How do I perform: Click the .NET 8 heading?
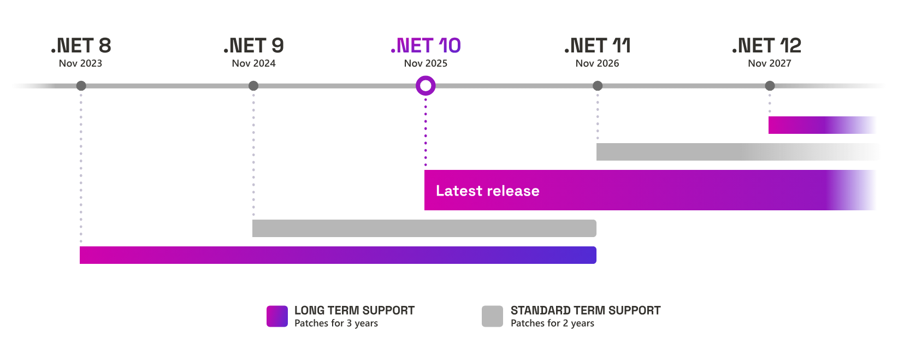(81, 46)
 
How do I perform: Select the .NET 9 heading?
(253, 46)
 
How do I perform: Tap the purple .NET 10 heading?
(426, 46)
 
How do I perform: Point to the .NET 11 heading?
(597, 46)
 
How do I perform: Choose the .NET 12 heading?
(767, 46)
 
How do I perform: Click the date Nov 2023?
(80, 63)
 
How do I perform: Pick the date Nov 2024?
(253, 63)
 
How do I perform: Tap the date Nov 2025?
(426, 63)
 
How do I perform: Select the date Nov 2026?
(597, 63)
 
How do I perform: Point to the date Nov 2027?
(769, 63)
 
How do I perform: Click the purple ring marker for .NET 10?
(426, 86)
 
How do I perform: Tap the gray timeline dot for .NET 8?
(81, 86)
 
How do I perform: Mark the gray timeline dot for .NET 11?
(598, 86)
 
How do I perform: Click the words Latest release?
(487, 191)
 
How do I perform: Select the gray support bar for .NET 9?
(424, 228)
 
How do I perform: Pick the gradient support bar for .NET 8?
(338, 255)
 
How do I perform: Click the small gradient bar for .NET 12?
(822, 125)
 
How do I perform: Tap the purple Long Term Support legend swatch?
(277, 316)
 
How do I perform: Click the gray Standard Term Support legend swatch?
(492, 316)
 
